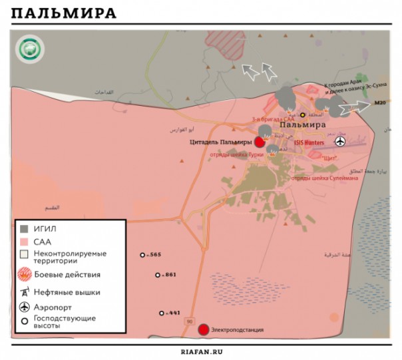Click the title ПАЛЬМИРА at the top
point(64,14)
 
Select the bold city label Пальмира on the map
point(302,124)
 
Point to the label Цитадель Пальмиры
point(221,142)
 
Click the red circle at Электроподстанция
point(204,329)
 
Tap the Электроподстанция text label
point(237,329)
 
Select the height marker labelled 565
point(142,255)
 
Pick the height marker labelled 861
point(158,275)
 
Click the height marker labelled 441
point(161,313)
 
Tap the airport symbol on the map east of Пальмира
point(341,141)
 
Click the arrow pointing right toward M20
point(360,106)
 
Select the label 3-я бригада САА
point(272,118)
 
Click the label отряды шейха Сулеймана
point(325,178)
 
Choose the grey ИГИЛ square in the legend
point(24,228)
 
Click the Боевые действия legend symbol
point(25,274)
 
